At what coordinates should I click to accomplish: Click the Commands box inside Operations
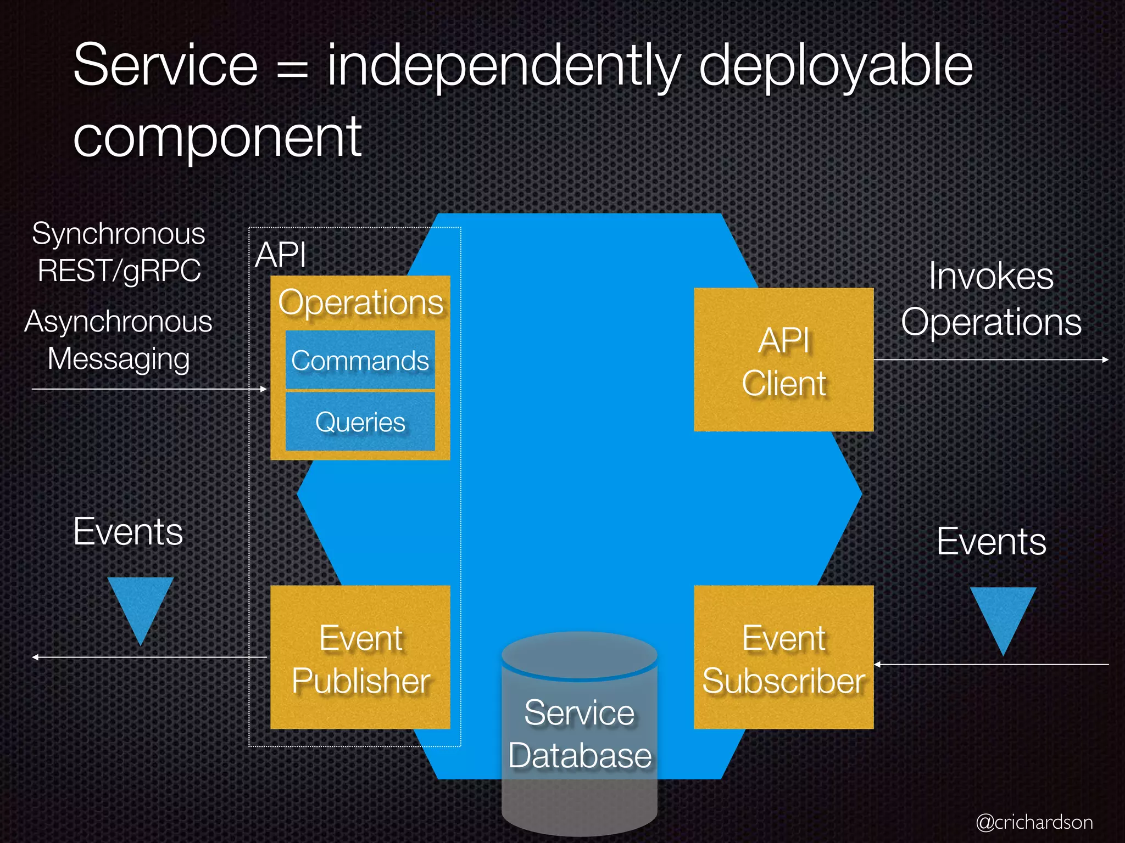360,360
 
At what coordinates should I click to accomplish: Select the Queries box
360,421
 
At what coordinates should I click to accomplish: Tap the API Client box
783,359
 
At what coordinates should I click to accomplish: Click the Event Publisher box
360,657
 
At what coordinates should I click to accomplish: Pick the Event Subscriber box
783,657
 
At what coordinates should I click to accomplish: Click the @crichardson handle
1034,822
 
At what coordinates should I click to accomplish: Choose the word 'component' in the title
217,137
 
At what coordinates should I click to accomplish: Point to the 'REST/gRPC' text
119,271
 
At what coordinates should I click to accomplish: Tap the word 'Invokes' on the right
991,276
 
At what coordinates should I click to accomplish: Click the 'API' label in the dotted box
280,255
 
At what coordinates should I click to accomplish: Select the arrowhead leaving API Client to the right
1105,359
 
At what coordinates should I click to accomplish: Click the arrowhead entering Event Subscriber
877,665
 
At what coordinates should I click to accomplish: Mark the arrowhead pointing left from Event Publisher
35,657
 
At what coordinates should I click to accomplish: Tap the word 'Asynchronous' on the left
118,322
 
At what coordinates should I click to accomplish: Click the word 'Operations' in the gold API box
360,302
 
